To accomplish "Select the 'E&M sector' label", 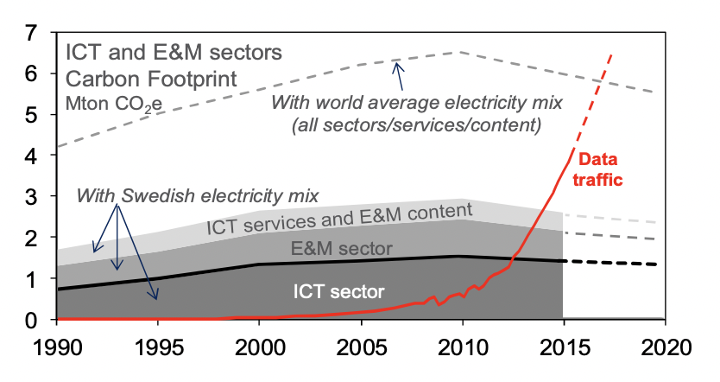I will tap(338, 249).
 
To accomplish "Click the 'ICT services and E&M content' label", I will tap(338, 220).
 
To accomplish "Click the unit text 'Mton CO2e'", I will tap(113, 105).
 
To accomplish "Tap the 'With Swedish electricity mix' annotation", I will tap(198, 194).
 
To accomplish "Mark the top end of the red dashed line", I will tap(612, 54).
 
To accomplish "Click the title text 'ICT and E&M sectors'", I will tap(173, 52).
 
